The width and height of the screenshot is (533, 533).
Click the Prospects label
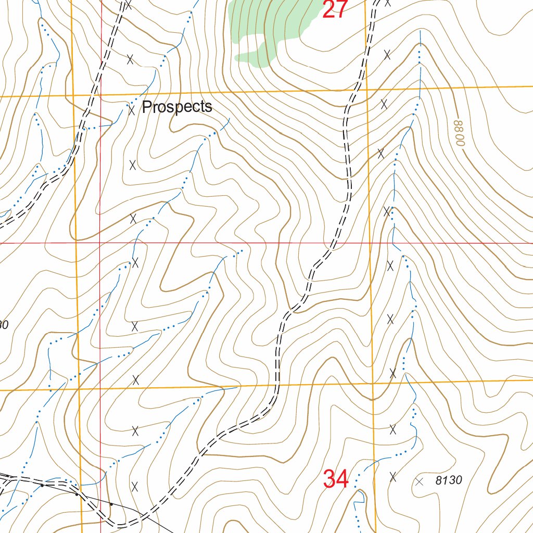click(177, 107)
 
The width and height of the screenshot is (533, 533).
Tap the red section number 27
click(334, 9)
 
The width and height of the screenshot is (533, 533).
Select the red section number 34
click(335, 479)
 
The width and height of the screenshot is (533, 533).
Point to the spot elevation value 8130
click(448, 480)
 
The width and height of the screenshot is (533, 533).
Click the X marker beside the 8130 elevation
click(420, 481)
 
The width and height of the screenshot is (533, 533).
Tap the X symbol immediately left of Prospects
click(131, 109)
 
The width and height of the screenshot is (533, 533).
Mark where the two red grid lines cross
click(100, 243)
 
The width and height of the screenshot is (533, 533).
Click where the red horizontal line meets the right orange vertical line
click(370, 243)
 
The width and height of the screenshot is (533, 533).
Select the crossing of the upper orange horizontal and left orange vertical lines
click(73, 96)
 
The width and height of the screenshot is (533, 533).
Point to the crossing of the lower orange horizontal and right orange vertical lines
click(373, 384)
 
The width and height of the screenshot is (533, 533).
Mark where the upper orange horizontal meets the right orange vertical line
click(366, 90)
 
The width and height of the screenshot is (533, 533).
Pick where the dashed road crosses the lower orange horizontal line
click(275, 386)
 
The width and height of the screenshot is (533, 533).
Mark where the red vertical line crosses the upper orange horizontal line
click(100, 96)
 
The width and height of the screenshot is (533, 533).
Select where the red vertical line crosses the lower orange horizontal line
click(100, 389)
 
